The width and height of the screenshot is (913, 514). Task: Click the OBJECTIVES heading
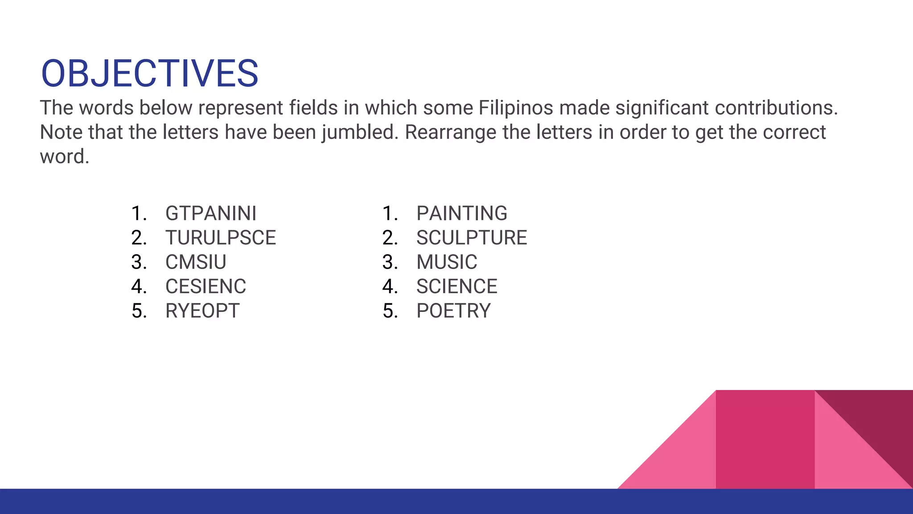pos(149,74)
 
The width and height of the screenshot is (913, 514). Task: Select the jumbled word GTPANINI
pos(211,213)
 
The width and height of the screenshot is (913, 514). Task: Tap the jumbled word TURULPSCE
pos(221,238)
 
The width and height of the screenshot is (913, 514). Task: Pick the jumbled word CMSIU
pos(196,262)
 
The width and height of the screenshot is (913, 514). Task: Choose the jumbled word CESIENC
pos(206,286)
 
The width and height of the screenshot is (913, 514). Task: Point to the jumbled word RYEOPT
pos(202,311)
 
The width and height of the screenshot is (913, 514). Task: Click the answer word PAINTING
pos(462,213)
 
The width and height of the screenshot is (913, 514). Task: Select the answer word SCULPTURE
pos(472,238)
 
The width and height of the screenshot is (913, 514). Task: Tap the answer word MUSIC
pos(447,262)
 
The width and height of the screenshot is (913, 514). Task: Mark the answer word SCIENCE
pos(457,286)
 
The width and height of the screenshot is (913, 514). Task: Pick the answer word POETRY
pos(453,311)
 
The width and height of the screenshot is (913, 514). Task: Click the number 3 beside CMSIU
pos(139,262)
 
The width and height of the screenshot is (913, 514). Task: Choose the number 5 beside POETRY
pos(390,311)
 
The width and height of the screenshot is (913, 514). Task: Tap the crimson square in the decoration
pos(765,439)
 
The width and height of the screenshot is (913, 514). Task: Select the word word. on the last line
pos(65,157)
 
